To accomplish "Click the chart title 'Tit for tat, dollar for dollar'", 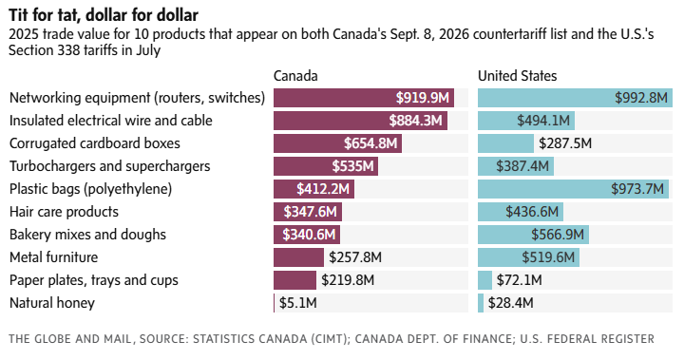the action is click(x=104, y=15).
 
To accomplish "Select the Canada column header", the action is click(x=295, y=76).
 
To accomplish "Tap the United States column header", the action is click(x=518, y=76).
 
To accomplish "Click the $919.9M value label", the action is click(x=422, y=97).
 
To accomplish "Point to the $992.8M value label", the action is click(x=641, y=97).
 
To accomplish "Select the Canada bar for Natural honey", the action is click(x=274, y=303).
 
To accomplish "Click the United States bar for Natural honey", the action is click(x=481, y=303).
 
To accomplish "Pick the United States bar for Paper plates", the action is click(x=485, y=280).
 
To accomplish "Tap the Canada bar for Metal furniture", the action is click(x=299, y=257).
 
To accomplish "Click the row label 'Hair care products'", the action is click(x=65, y=212).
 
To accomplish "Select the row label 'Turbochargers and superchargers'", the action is click(x=110, y=166).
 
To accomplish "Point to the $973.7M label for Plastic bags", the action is click(x=637, y=189).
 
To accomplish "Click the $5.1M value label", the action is click(x=298, y=303).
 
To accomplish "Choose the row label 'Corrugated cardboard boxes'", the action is click(x=95, y=143).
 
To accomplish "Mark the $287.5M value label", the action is click(x=565, y=143).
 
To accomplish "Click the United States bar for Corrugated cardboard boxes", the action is click(x=506, y=143).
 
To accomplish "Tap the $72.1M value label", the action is click(x=519, y=280).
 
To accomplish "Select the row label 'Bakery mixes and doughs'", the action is click(x=87, y=235).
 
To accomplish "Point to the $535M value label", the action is click(x=352, y=166).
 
